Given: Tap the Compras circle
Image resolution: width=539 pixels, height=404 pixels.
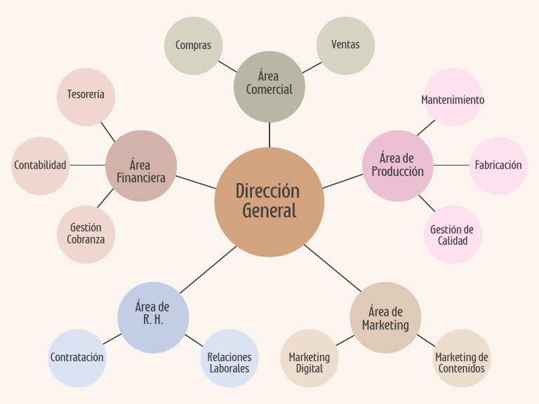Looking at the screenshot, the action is [193, 46].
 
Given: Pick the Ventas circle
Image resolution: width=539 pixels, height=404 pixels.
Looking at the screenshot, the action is [345, 46].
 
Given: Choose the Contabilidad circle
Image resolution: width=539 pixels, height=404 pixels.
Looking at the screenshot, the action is [41, 166].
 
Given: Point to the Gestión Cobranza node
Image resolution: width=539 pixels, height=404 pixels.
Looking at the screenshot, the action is [86, 234].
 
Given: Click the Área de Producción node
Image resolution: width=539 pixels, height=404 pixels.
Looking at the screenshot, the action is [397, 166].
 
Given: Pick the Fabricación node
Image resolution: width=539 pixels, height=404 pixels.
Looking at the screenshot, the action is [498, 166].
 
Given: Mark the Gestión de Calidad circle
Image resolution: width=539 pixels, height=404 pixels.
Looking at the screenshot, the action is [453, 234].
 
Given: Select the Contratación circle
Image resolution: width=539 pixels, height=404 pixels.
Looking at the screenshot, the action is [77, 358].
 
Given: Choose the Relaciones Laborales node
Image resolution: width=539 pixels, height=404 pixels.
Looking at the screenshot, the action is [229, 358].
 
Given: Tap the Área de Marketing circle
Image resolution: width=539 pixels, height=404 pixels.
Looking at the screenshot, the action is [385, 317].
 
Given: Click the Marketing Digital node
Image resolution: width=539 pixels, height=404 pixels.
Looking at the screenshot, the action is [310, 358].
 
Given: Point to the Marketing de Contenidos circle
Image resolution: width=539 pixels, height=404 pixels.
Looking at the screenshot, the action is [461, 358].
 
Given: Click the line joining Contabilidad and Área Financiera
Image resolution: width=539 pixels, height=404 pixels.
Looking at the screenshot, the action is [88, 166].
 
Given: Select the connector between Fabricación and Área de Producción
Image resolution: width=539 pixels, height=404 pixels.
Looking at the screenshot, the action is [451, 166].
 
